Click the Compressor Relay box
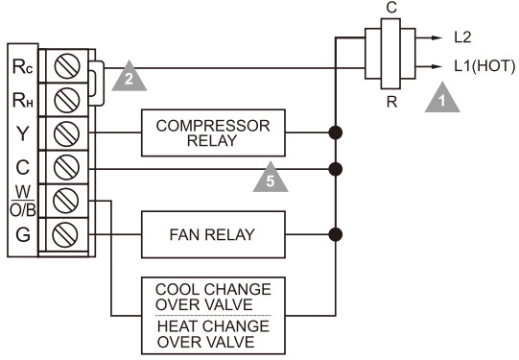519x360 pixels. click(213, 132)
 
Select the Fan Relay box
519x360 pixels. click(213, 233)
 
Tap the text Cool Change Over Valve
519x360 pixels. click(213, 297)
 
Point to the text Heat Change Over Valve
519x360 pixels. click(213, 333)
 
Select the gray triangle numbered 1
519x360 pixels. click(441, 95)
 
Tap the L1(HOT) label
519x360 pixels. click(484, 67)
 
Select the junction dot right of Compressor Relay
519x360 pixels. click(335, 132)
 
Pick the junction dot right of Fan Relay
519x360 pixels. click(335, 233)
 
